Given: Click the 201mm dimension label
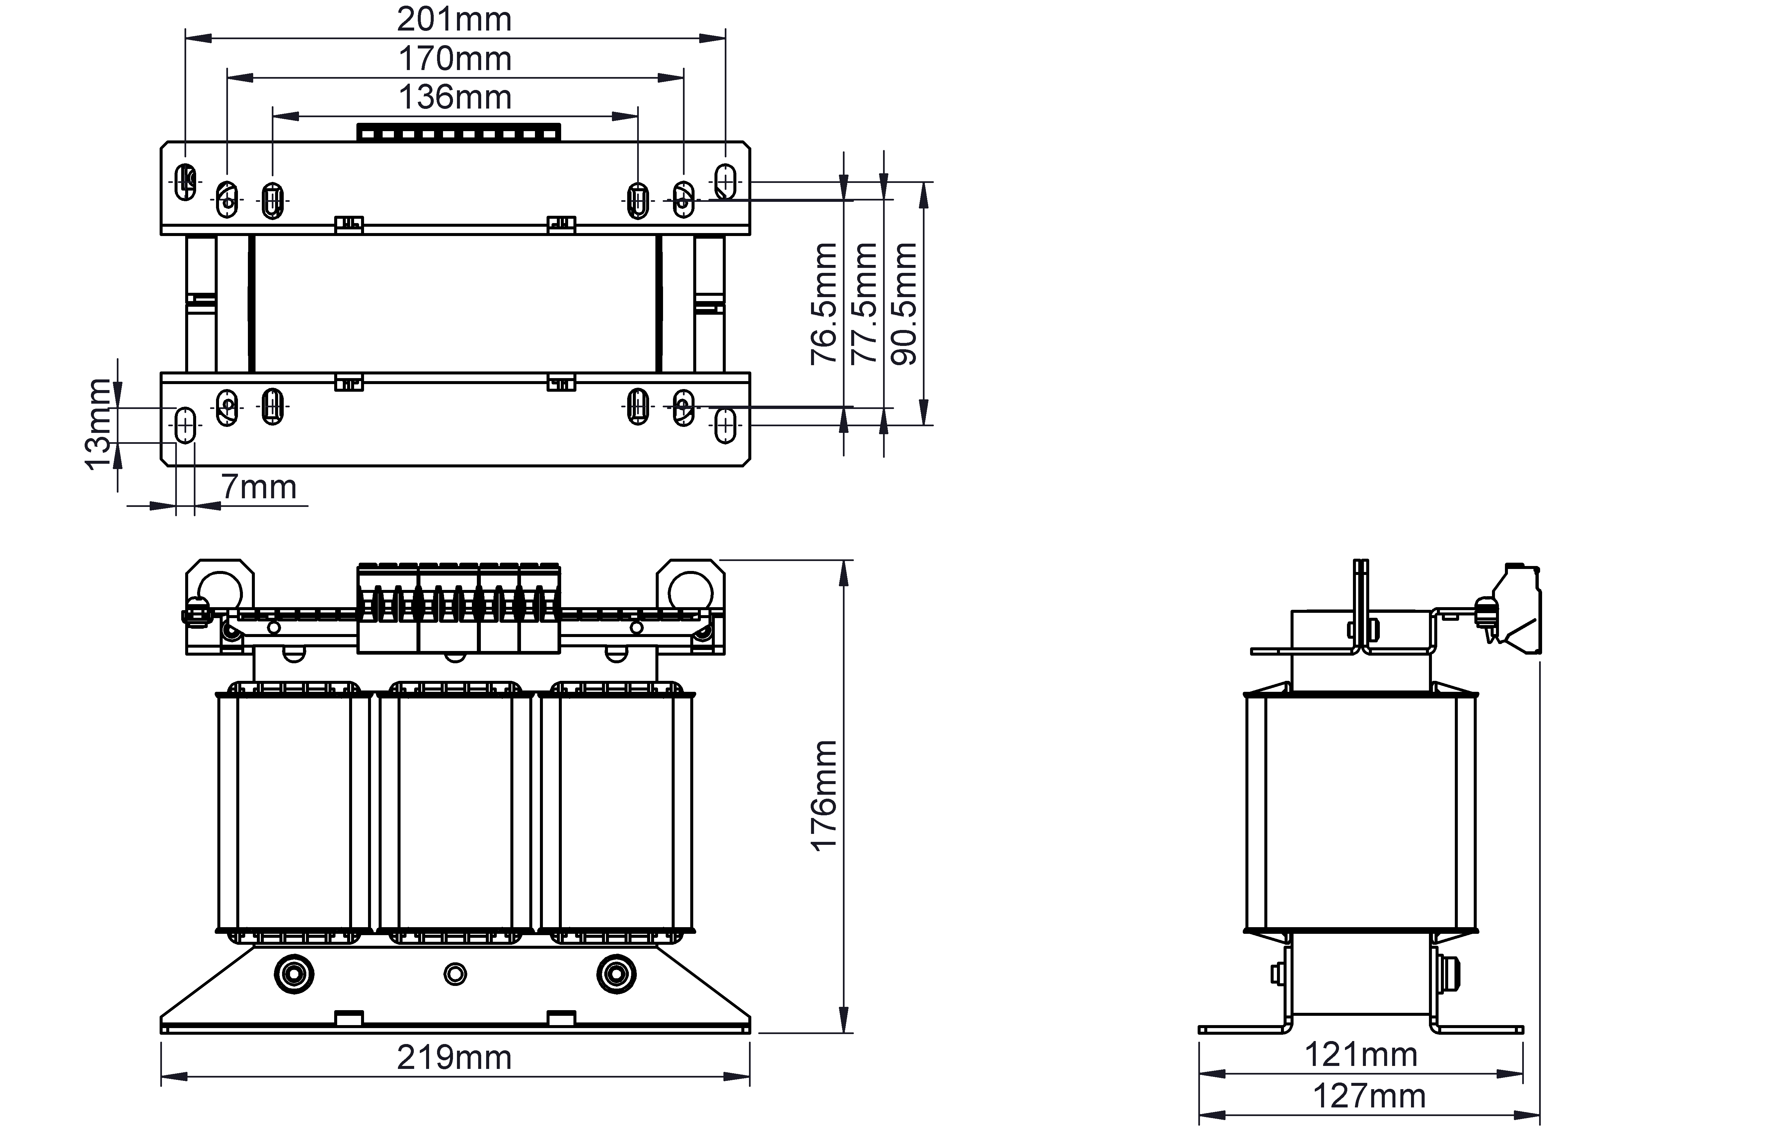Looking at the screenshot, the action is (x=454, y=19).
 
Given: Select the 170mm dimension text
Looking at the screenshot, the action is (x=455, y=59).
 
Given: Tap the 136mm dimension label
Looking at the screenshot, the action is (x=455, y=97).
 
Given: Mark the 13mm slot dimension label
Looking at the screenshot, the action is (x=97, y=425).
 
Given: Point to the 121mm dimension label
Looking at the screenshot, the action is (x=1361, y=1054).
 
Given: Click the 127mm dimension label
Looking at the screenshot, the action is (x=1369, y=1095).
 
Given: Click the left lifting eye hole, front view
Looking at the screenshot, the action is (x=220, y=592).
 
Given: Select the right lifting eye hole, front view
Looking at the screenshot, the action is (x=691, y=592).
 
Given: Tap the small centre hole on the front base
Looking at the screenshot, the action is (x=455, y=974).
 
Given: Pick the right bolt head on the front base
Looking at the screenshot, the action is (x=617, y=974).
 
